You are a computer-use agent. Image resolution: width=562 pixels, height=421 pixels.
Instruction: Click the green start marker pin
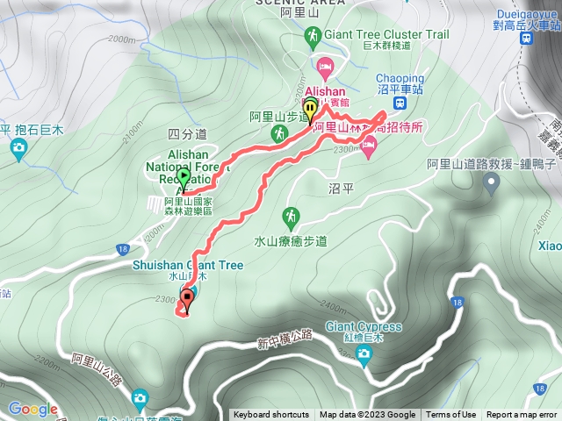coord(183,177)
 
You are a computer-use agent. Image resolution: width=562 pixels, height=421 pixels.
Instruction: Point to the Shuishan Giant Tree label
coord(187,265)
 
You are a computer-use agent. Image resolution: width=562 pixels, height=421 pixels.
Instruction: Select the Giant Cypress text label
coord(364,327)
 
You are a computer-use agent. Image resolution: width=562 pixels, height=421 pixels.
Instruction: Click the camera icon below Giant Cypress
coord(364,353)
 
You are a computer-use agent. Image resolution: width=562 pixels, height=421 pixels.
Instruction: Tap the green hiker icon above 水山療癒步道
coord(291,215)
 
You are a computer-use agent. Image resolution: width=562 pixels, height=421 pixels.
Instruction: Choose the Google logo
coord(33,409)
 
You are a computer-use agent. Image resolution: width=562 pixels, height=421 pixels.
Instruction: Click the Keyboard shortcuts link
coord(271,415)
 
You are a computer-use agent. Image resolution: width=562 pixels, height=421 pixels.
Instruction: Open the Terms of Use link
coord(450,415)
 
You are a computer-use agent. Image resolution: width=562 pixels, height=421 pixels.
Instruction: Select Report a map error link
coord(522,415)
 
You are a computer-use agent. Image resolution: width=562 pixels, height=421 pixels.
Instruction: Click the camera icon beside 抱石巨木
coord(18,147)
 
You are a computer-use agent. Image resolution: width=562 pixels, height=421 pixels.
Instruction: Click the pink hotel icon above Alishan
coord(325,67)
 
